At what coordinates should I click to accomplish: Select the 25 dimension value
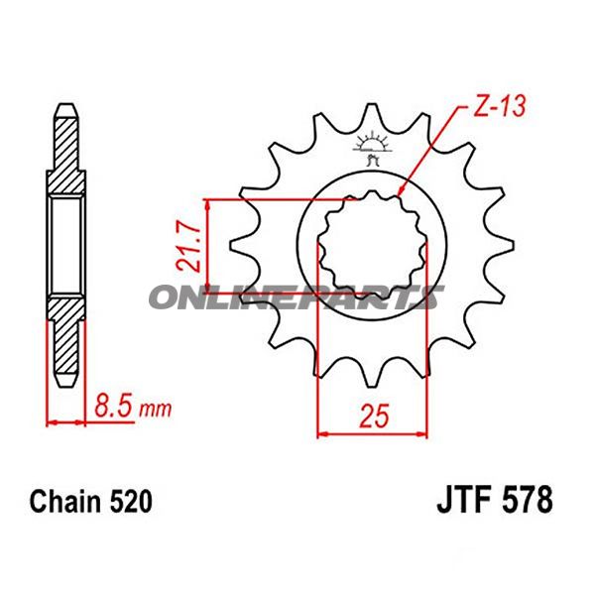373,417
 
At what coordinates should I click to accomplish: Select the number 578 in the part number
528,500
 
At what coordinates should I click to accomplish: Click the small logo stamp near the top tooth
374,149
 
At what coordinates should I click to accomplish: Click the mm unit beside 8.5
156,409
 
